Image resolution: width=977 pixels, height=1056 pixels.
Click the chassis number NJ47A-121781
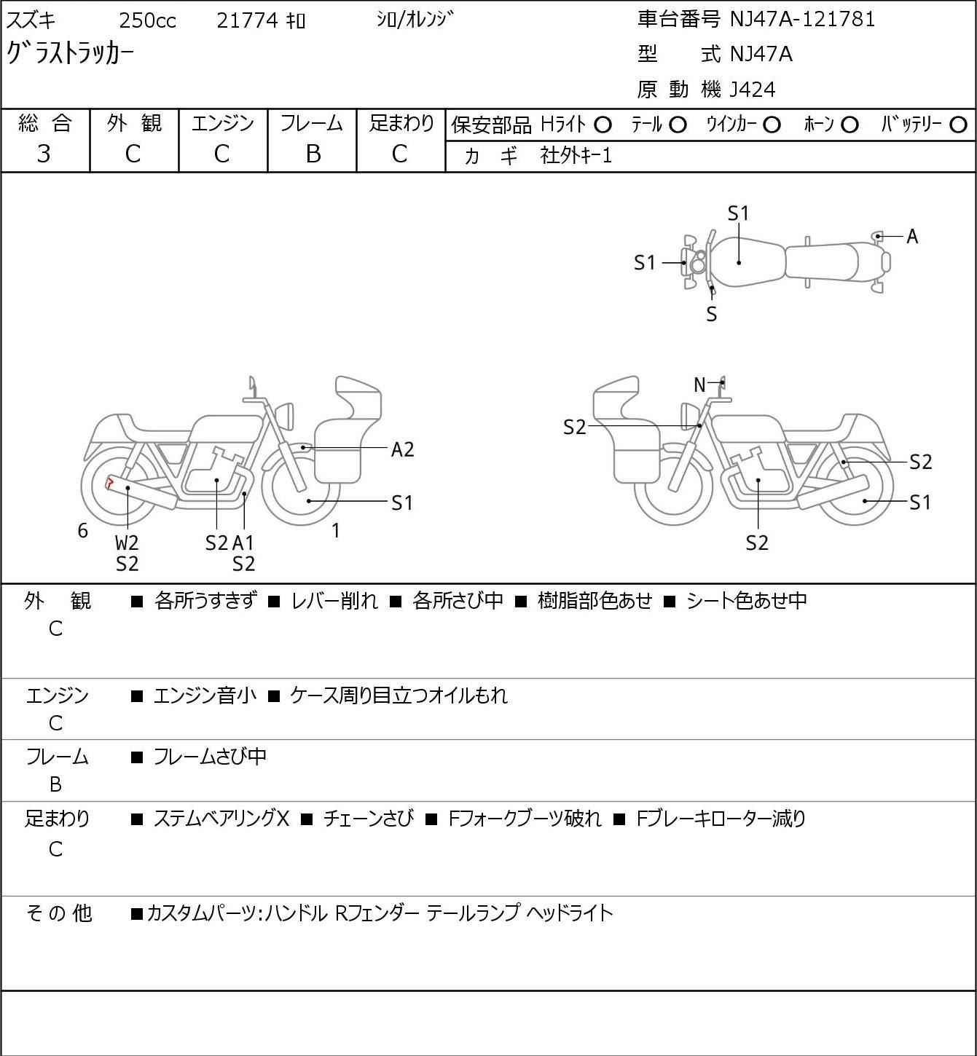(x=802, y=19)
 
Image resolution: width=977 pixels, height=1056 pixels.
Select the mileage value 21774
(x=247, y=21)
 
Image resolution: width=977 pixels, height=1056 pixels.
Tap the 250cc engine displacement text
(x=147, y=21)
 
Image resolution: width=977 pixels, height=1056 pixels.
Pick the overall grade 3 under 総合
(x=44, y=154)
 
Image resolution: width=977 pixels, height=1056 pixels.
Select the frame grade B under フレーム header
(x=313, y=154)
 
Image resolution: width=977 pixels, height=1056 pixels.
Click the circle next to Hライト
(x=603, y=125)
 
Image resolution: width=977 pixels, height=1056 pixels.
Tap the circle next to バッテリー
(x=959, y=125)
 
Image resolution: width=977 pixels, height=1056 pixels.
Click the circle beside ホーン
(x=850, y=125)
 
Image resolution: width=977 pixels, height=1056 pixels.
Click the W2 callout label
(x=127, y=543)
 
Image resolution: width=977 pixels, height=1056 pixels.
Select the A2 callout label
(x=402, y=449)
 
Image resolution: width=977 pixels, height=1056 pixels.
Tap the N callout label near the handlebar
(x=699, y=385)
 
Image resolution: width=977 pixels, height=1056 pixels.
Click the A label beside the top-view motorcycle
(x=911, y=237)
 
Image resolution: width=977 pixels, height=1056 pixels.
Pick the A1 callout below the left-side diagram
(x=243, y=543)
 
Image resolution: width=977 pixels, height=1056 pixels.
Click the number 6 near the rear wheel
(x=83, y=531)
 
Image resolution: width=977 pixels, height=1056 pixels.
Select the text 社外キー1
(x=576, y=155)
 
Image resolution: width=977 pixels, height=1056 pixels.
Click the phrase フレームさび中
(x=210, y=757)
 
